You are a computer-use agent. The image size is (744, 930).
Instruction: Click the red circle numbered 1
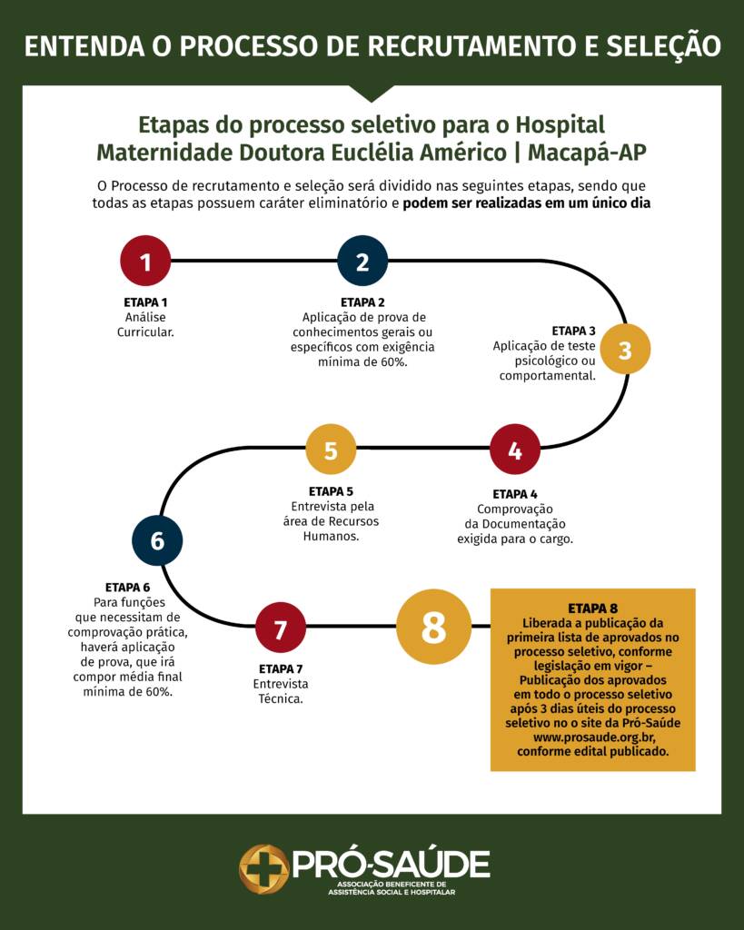click(x=145, y=261)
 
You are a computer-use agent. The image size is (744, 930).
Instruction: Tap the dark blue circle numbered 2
click(x=362, y=261)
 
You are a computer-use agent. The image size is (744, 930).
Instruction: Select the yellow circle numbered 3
click(x=625, y=350)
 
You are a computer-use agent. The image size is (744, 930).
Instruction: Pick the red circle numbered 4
click(x=515, y=450)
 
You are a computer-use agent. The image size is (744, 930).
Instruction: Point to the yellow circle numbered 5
click(x=331, y=450)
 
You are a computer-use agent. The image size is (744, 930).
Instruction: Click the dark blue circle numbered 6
click(x=157, y=540)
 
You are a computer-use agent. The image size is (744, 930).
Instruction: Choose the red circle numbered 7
click(x=280, y=628)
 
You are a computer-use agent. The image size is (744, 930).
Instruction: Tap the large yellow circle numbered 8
click(x=433, y=627)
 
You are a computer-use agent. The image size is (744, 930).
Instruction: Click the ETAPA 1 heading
click(x=145, y=302)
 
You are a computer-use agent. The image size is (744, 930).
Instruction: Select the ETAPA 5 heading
click(x=331, y=491)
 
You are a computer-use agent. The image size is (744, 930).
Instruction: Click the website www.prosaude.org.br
click(x=592, y=737)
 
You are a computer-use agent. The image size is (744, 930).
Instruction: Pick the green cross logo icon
click(x=263, y=868)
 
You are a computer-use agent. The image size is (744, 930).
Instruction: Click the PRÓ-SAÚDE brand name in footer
click(x=391, y=863)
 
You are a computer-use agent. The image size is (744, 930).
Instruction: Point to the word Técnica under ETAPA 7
click(x=281, y=700)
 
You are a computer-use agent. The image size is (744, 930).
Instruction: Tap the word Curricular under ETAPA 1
click(x=145, y=332)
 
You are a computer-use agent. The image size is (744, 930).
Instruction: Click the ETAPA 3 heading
click(x=573, y=331)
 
